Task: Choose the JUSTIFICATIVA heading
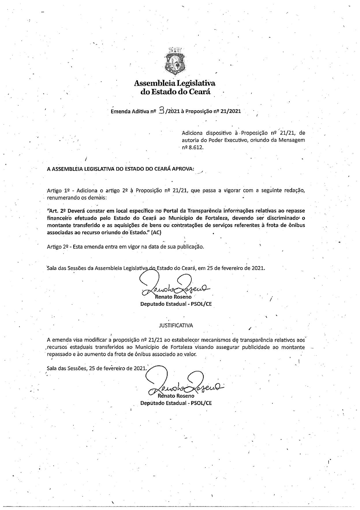(x=176, y=325)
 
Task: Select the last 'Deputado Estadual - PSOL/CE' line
(x=176, y=403)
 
